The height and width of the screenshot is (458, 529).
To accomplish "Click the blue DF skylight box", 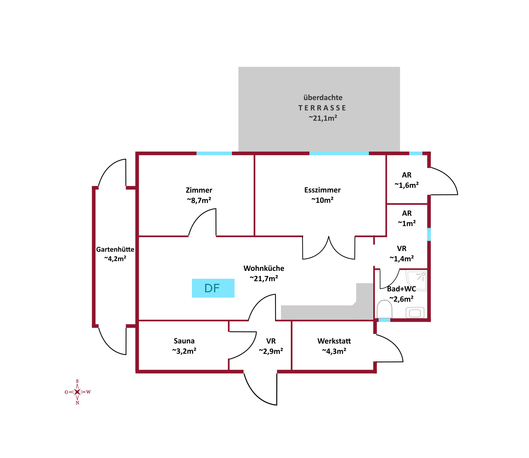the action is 213,288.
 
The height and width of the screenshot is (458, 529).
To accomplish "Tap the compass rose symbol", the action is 77,392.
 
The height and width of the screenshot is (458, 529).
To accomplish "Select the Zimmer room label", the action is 199,190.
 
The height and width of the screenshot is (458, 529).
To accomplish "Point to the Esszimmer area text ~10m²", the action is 322,200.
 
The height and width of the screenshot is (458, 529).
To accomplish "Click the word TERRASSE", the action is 322,108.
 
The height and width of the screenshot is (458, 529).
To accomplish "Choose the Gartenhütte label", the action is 115,249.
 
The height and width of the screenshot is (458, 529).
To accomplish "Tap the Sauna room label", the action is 184,341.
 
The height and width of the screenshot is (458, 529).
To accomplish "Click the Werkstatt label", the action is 334,341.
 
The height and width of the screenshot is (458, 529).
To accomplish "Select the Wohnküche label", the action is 264,268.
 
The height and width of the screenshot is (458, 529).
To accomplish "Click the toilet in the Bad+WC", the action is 384,309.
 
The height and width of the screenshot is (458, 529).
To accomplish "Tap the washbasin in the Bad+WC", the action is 415,313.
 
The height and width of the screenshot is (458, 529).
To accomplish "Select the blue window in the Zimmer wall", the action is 214,153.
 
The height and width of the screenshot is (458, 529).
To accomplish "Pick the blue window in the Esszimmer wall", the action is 339,153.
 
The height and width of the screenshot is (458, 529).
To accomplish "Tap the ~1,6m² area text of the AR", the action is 406,185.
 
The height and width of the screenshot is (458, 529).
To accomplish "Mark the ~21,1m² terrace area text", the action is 323,118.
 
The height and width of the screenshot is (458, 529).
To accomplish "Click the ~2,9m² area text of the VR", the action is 271,351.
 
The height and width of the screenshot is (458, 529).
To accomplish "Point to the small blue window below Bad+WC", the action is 384,320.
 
